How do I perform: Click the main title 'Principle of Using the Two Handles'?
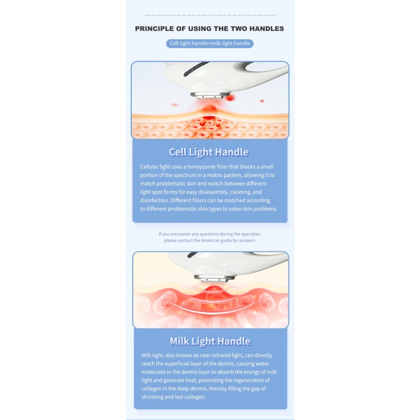tap(209, 29)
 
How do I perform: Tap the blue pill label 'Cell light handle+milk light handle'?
tap(209, 44)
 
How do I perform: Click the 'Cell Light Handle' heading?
tap(208, 152)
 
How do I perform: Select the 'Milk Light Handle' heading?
tap(209, 341)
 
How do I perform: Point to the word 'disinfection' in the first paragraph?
tap(156, 200)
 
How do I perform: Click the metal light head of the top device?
tap(210, 96)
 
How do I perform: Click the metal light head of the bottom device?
tap(210, 278)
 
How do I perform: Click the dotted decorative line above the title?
tap(209, 15)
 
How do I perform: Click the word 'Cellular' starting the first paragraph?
tap(150, 166)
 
